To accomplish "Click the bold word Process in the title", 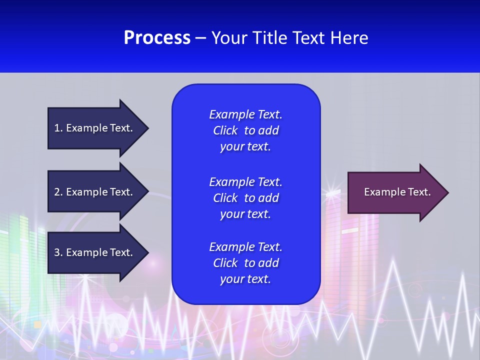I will coord(157,38).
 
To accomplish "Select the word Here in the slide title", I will coord(349,38).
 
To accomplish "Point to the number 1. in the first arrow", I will coord(58,128).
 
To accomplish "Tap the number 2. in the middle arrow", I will coord(58,192).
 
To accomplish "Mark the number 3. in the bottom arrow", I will coord(58,252).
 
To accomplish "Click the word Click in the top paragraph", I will coord(225,130).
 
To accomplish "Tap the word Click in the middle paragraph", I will coord(225,198).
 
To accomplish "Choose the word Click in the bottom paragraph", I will coord(225,263).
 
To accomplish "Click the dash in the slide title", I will coord(200,38).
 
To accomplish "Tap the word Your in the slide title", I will coord(227,38).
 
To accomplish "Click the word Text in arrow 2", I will coord(120,192).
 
